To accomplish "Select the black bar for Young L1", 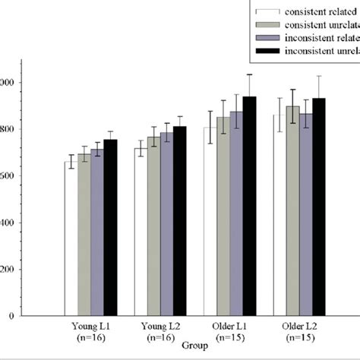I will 111,228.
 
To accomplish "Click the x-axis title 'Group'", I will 194,344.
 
